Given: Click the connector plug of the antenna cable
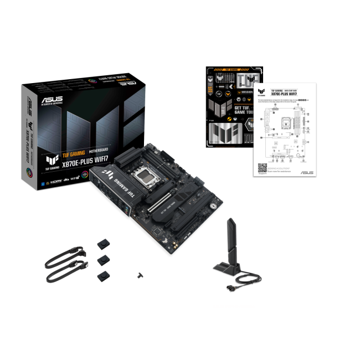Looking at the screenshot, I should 228,288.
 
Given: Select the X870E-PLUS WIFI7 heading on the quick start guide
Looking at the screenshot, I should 282,94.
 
